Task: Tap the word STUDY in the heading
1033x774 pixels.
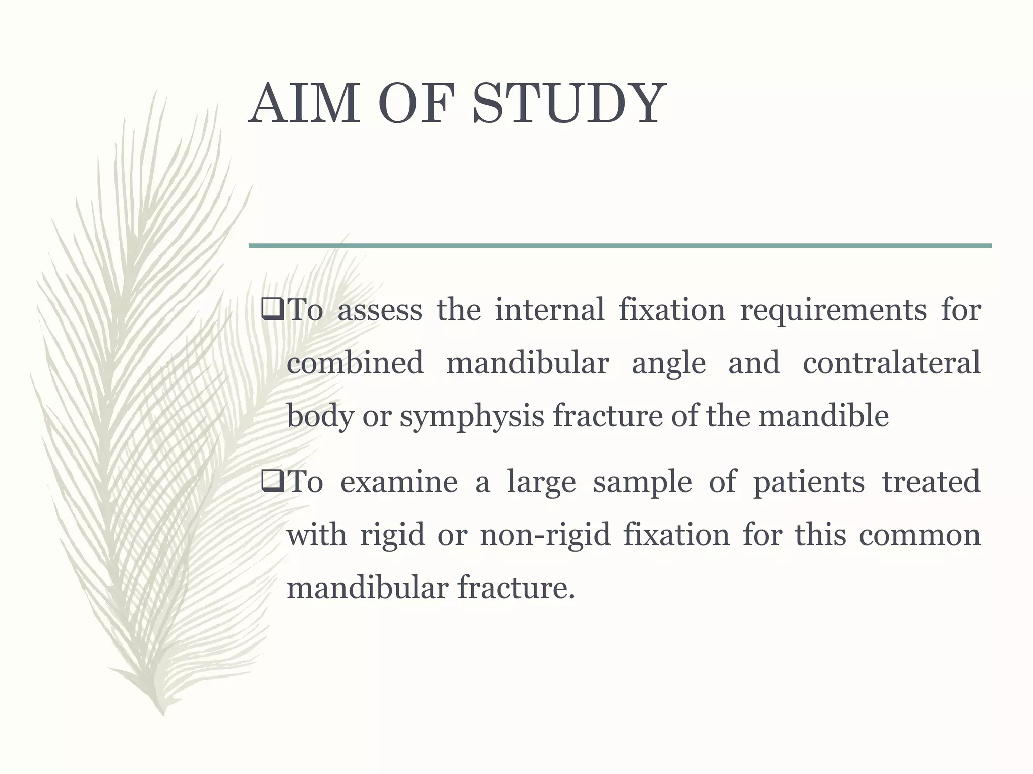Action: [x=569, y=105]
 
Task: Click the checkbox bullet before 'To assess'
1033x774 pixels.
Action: [x=273, y=310]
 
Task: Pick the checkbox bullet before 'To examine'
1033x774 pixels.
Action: [x=273, y=482]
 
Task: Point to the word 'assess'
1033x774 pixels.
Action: [x=379, y=310]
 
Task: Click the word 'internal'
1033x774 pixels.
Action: [x=549, y=310]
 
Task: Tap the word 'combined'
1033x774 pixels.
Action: [x=355, y=363]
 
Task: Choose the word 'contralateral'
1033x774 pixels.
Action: [x=891, y=363]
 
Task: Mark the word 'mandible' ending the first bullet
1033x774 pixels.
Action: [x=823, y=416]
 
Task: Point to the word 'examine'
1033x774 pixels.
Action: [x=399, y=482]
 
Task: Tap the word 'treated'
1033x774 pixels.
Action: [x=931, y=482]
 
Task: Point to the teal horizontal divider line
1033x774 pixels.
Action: [x=620, y=246]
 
